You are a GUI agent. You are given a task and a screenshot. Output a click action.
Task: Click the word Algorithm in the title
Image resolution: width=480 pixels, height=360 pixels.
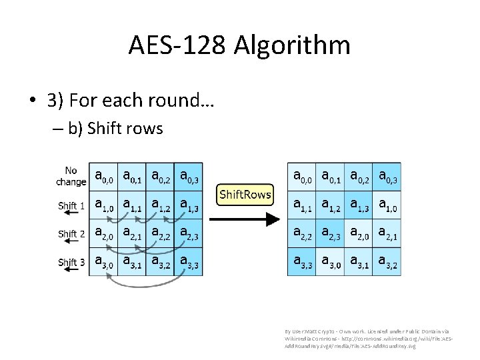click(293, 46)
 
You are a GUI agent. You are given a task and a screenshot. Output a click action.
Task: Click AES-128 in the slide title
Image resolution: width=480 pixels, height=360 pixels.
click(177, 45)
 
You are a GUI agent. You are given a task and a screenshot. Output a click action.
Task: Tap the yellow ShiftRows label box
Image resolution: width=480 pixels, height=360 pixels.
click(245, 194)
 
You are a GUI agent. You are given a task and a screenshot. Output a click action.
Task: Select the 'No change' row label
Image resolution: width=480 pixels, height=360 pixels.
click(71, 177)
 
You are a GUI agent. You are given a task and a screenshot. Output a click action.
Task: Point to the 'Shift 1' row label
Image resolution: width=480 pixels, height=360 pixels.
click(71, 205)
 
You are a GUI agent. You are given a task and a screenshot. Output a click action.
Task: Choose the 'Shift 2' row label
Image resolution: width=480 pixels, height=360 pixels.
click(71, 234)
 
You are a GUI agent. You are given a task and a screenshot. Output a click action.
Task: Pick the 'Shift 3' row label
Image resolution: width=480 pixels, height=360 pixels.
click(71, 262)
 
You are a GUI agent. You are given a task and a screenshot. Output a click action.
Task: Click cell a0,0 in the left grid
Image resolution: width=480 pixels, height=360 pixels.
click(103, 177)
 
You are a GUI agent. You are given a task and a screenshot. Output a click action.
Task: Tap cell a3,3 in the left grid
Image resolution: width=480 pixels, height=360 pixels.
click(189, 262)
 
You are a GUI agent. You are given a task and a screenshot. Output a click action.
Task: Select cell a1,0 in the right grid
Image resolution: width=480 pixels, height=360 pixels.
click(387, 205)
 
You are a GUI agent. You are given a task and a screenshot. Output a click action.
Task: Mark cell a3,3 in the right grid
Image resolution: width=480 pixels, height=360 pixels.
click(302, 262)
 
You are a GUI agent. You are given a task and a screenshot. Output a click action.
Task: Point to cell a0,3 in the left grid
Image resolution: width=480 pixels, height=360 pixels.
click(189, 177)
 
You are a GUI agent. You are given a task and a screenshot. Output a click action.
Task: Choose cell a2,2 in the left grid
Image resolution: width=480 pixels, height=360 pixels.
click(160, 234)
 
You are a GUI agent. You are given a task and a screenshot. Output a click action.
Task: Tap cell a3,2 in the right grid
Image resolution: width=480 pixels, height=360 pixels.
click(387, 262)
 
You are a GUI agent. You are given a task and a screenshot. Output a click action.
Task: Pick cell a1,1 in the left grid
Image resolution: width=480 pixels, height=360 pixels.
click(132, 205)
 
